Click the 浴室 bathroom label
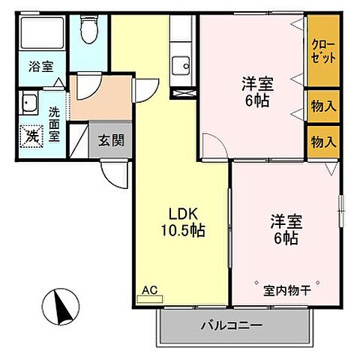[41, 67]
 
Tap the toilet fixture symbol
[88, 31]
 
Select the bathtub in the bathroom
[42, 34]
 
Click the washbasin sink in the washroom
[31, 103]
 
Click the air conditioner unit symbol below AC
[149, 298]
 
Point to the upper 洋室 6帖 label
[256, 91]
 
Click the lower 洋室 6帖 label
[285, 229]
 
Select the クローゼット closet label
[323, 51]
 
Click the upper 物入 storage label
[323, 107]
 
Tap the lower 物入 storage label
[323, 141]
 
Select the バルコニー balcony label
[230, 326]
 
